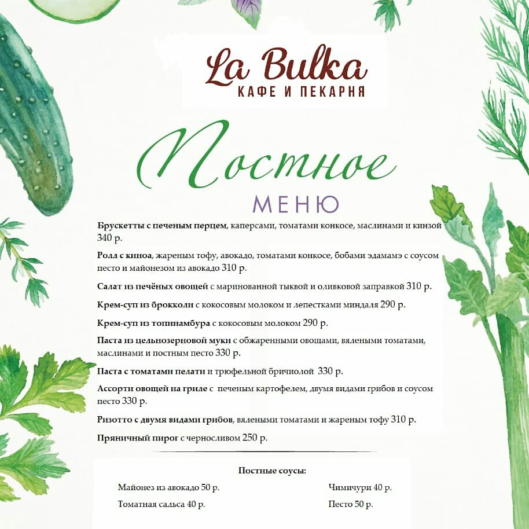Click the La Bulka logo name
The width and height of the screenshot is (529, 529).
286,67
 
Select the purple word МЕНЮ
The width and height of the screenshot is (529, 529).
296,204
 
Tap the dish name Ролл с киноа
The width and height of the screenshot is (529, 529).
124,256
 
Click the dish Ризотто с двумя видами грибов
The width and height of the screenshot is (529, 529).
165,419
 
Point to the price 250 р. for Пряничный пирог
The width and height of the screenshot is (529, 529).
255,438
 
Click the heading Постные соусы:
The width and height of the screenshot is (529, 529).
272,471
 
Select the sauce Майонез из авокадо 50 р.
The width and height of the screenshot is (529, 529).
168,488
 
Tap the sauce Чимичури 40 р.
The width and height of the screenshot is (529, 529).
359,488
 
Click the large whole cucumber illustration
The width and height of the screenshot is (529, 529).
35,116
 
